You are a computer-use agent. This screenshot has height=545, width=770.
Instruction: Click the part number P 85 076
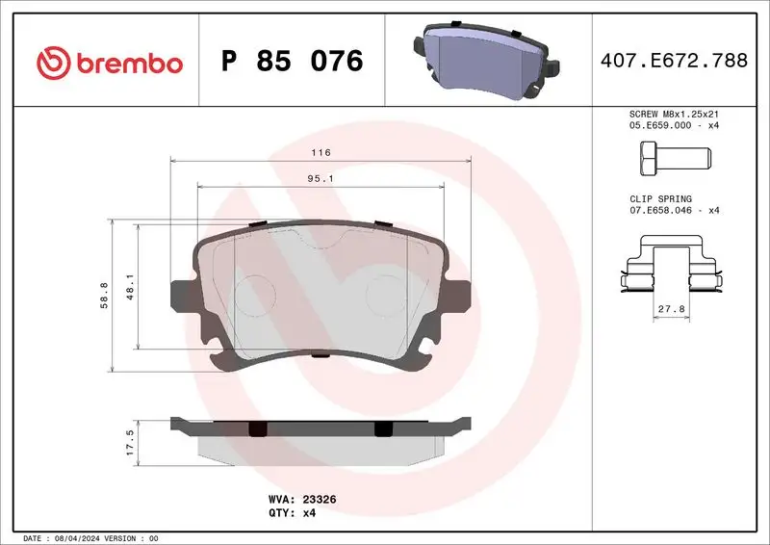292,63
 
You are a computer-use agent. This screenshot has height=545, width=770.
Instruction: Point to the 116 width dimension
321,153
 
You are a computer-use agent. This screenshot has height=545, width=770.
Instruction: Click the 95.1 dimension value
321,178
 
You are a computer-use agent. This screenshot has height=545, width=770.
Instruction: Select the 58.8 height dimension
104,295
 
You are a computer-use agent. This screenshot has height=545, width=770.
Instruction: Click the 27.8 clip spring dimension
670,309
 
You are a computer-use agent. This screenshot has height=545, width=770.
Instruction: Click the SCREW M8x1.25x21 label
673,115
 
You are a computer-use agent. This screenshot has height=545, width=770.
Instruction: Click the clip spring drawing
670,269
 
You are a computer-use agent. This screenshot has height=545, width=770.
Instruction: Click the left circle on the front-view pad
256,293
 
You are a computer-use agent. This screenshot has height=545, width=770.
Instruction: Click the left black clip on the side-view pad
256,428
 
